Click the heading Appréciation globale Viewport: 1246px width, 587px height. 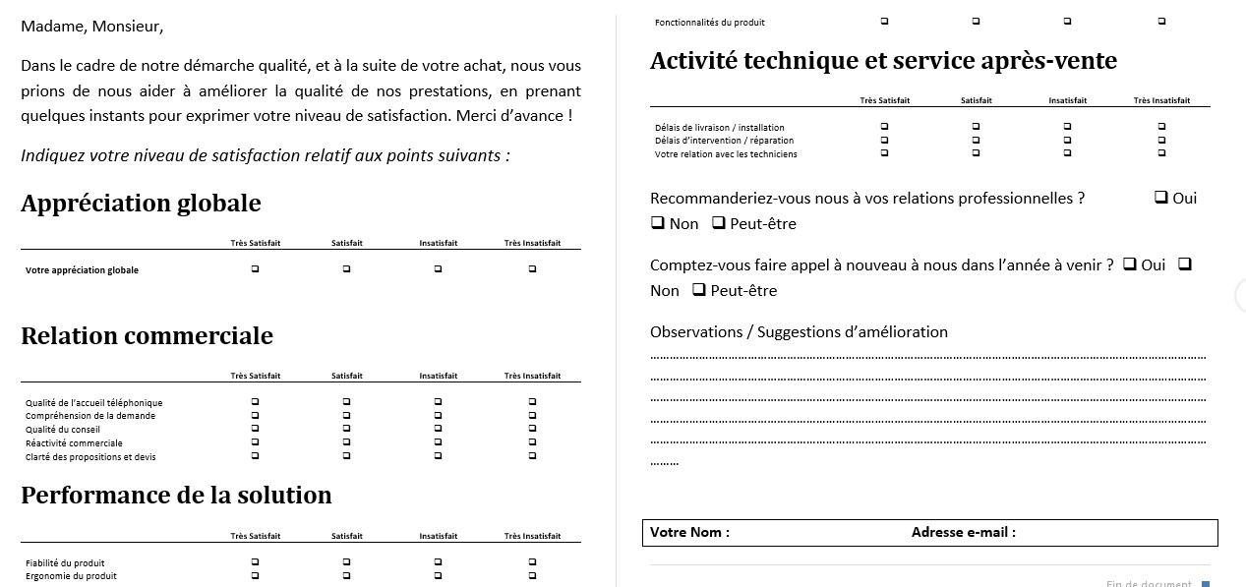click(x=141, y=204)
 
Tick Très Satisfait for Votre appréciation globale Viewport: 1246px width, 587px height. click(x=256, y=269)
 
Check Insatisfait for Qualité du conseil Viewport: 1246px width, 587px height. click(x=438, y=429)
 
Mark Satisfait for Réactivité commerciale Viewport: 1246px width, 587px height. click(x=347, y=442)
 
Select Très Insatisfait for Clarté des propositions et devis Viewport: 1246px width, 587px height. click(x=532, y=456)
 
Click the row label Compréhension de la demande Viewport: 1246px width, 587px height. click(x=90, y=416)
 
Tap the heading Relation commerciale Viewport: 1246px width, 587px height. click(x=147, y=336)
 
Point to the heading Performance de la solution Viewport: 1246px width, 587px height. click(x=176, y=495)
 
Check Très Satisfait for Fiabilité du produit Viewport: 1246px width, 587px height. click(x=256, y=562)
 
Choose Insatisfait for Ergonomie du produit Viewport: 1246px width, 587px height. click(x=438, y=575)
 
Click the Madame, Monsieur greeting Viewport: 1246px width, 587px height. click(x=92, y=27)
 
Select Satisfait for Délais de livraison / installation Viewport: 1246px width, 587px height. click(x=976, y=127)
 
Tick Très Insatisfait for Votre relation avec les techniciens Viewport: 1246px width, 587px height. click(x=1161, y=152)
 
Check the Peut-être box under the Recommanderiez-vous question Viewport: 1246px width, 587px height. click(x=719, y=223)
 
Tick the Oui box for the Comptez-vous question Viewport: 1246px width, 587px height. click(x=1130, y=264)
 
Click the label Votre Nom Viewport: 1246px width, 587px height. click(x=689, y=532)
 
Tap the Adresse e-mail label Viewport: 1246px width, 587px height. click(x=963, y=532)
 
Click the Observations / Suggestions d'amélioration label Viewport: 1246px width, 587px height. click(x=799, y=332)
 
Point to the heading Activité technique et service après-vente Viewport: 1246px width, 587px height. click(x=883, y=61)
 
